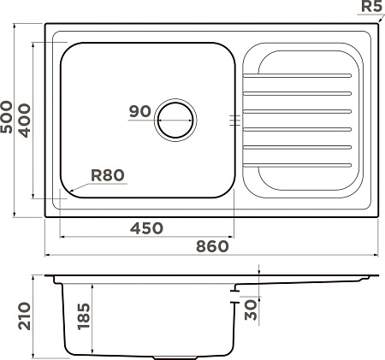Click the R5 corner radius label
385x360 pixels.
click(x=371, y=6)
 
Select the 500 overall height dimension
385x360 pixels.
click(x=6, y=117)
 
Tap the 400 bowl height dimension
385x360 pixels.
click(x=24, y=121)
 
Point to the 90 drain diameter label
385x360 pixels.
click(x=139, y=111)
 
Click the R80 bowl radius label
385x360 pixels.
click(x=108, y=175)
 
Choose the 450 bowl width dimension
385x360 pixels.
click(x=146, y=228)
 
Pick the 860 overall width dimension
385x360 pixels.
click(x=212, y=246)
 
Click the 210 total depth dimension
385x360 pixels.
click(x=24, y=316)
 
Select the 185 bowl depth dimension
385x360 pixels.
click(x=84, y=316)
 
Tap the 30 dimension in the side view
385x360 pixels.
click(x=251, y=310)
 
